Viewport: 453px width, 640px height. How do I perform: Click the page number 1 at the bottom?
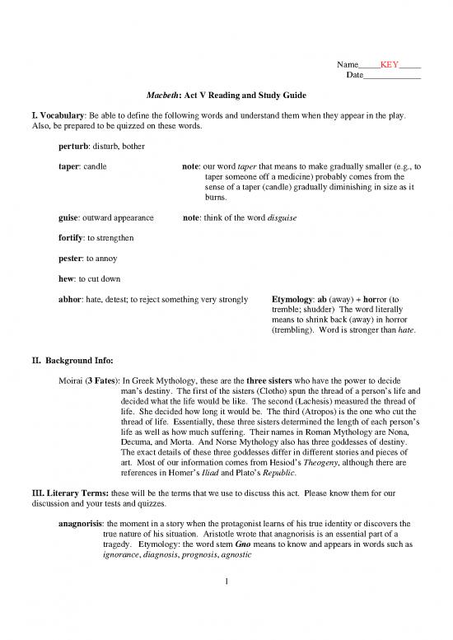click(x=226, y=588)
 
